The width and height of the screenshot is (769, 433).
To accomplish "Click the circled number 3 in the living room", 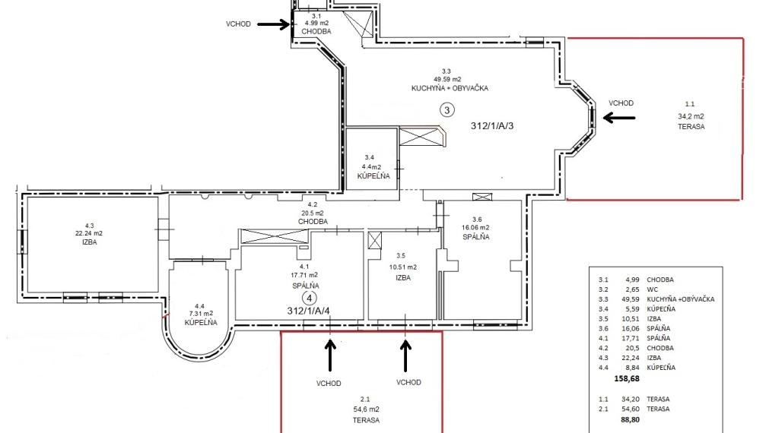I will tap(447, 110).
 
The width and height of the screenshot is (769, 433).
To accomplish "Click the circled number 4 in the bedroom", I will tap(309, 298).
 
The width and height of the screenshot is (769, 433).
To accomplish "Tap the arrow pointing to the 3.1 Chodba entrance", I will tap(273, 24).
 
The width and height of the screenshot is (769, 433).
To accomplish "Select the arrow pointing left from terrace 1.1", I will tap(618, 117).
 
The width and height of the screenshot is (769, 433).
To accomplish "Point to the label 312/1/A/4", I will tap(309, 311).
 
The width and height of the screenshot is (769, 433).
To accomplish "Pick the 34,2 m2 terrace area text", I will tap(691, 116).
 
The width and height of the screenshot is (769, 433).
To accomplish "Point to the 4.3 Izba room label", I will tap(91, 234).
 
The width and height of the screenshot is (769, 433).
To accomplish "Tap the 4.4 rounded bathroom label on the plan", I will tap(200, 313).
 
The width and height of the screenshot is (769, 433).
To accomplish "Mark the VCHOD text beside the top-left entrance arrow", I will tap(238, 24).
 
